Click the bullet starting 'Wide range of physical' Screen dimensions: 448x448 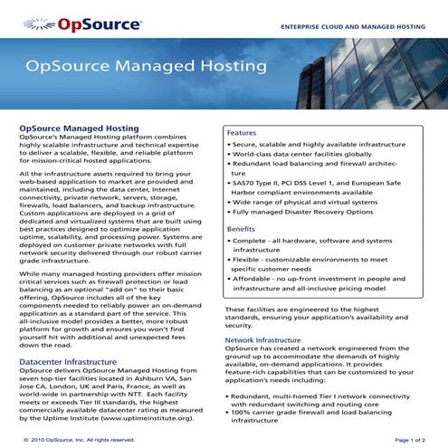point(300,199)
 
